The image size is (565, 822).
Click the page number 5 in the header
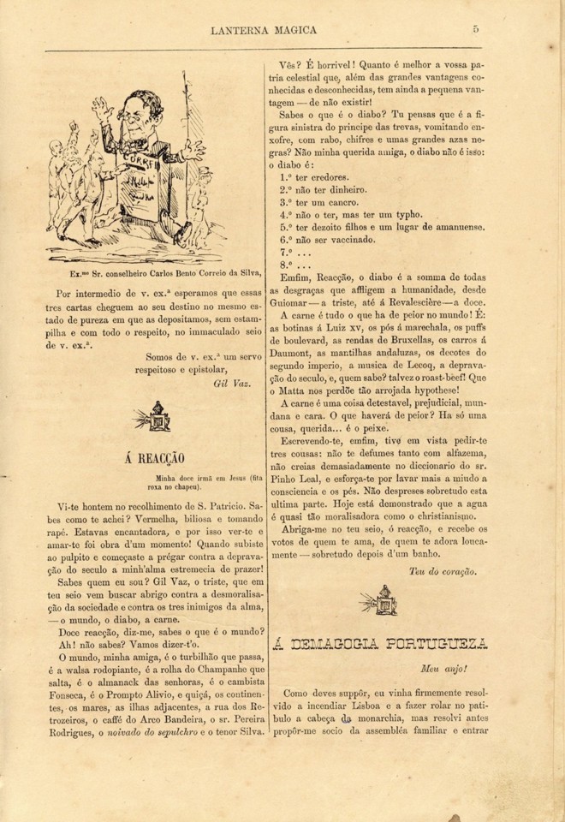[475, 30]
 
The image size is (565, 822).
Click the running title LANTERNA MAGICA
[263, 31]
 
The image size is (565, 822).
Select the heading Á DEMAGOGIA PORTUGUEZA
[379, 644]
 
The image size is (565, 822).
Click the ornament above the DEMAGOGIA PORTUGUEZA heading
[378, 599]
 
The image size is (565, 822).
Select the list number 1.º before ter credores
[287, 177]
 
